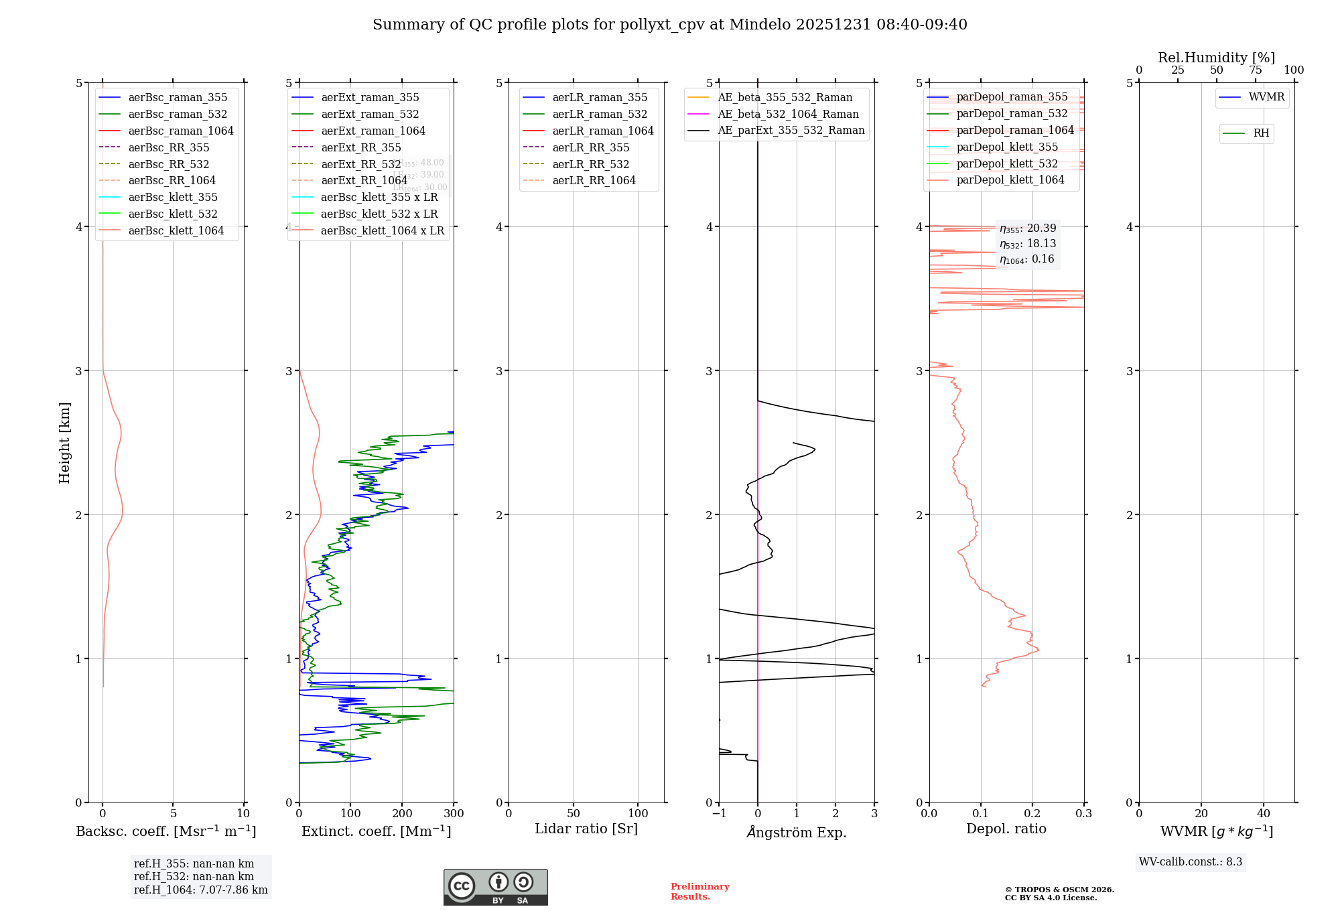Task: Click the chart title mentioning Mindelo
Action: [x=669, y=25]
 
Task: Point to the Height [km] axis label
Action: [x=64, y=442]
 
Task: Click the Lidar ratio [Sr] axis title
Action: [x=586, y=829]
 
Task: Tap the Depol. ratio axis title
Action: [x=1006, y=829]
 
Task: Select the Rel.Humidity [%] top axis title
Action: [x=1216, y=58]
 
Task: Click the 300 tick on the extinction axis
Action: [x=454, y=814]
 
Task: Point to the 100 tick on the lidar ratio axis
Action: [x=638, y=814]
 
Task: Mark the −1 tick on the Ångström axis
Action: [x=719, y=814]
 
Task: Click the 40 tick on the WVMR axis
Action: [x=1263, y=814]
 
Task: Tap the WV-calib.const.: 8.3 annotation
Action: [x=1190, y=862]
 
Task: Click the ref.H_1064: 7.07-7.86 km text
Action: [x=200, y=890]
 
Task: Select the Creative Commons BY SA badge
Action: [x=495, y=888]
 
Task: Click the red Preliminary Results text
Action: [x=699, y=892]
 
